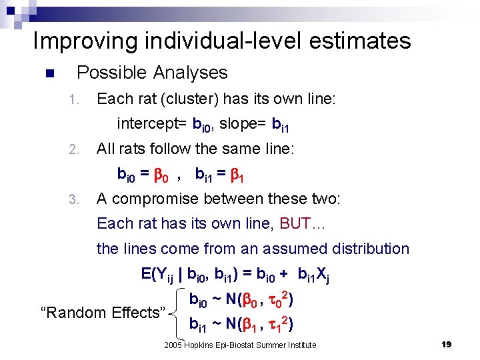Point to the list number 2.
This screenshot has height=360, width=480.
click(75, 149)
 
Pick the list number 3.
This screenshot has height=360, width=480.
click(75, 199)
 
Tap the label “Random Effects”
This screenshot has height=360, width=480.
click(103, 312)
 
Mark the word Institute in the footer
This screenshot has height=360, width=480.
click(301, 345)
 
